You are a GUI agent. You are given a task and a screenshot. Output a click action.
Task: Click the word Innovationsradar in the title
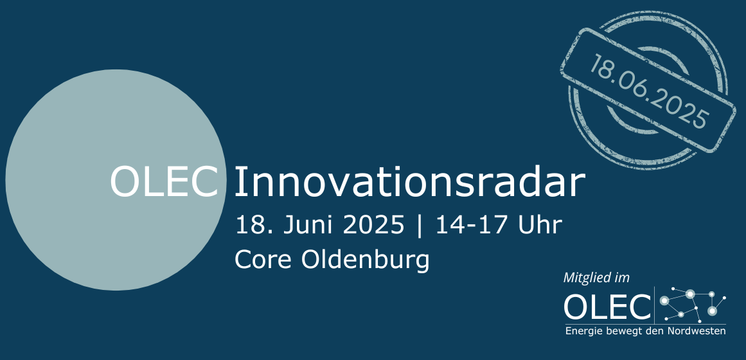tap(409, 182)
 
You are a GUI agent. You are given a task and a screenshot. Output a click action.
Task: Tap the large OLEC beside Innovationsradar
tap(165, 182)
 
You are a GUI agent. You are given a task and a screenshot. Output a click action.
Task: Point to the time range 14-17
tap(471, 225)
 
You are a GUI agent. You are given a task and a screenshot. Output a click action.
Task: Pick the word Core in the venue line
tap(262, 260)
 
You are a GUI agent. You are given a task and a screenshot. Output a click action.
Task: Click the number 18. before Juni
tap(254, 225)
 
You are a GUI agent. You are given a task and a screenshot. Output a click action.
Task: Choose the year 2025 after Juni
tap(373, 225)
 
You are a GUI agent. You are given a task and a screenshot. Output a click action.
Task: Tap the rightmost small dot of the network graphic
tap(724, 298)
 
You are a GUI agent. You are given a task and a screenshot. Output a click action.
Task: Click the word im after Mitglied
tap(622, 278)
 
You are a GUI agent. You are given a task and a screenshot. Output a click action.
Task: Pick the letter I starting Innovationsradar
tap(237, 182)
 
